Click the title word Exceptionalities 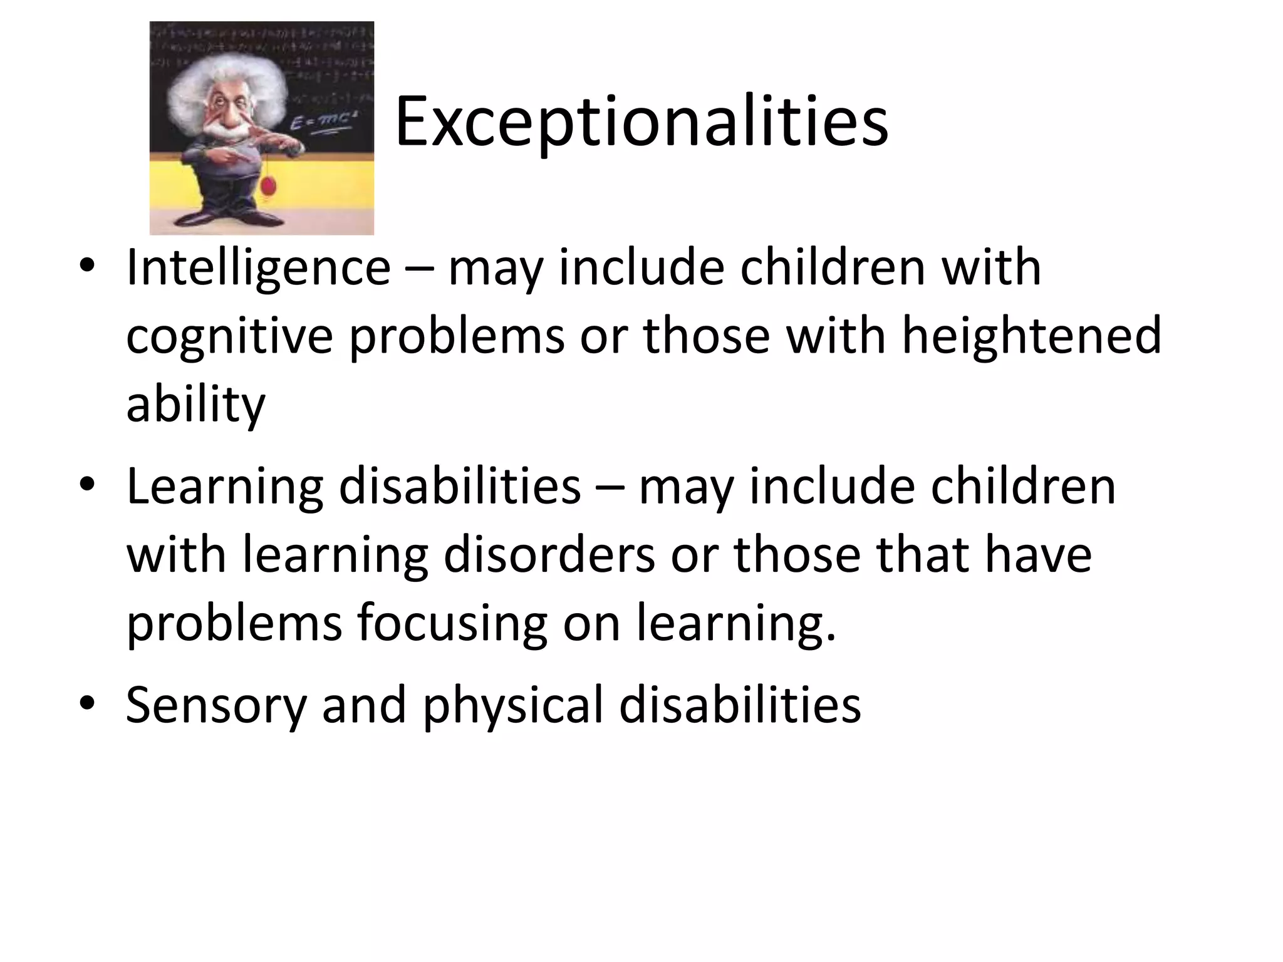tap(641, 122)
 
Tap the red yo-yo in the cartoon tap(269, 185)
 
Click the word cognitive tap(229, 337)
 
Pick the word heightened tap(1031, 336)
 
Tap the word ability tap(196, 405)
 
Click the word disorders tap(549, 555)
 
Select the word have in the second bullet tap(1038, 555)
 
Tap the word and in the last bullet tap(364, 705)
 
